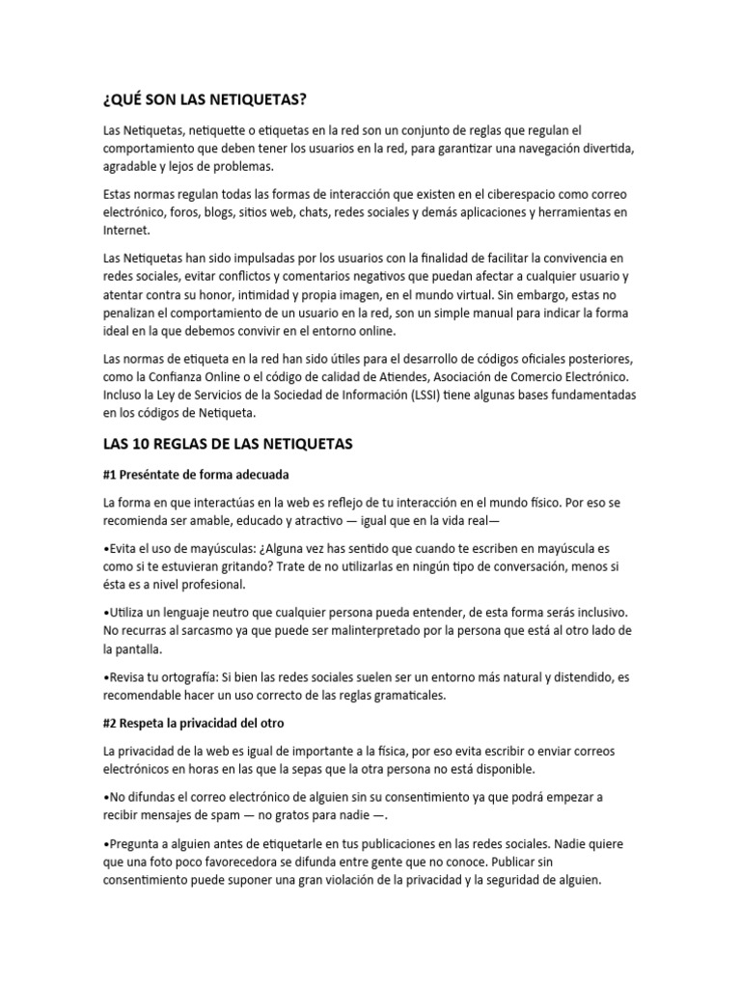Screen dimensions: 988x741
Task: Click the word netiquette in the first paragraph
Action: coord(218,129)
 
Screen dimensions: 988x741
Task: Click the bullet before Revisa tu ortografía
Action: coord(105,678)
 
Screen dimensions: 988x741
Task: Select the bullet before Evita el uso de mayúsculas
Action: coord(105,548)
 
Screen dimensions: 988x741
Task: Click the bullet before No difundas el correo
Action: coord(105,798)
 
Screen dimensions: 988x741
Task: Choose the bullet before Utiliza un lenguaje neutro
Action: coord(105,613)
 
